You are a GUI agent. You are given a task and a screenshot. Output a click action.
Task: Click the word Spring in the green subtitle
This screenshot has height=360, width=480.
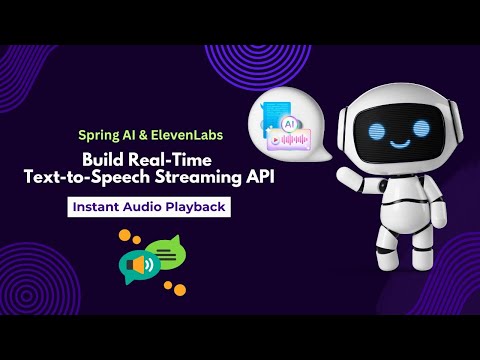(100, 133)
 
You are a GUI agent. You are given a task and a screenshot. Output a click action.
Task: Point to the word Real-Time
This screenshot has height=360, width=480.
(186, 158)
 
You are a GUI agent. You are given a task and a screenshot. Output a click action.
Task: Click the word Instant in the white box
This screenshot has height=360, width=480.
(99, 208)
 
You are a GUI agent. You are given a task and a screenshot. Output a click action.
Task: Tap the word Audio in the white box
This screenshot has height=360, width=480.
(149, 208)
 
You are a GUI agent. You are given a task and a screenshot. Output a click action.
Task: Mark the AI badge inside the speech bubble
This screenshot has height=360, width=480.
(288, 121)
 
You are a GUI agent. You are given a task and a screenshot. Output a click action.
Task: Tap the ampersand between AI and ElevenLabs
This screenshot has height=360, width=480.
(144, 133)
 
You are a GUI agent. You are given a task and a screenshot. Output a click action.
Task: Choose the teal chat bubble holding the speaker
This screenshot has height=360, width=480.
(139, 267)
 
